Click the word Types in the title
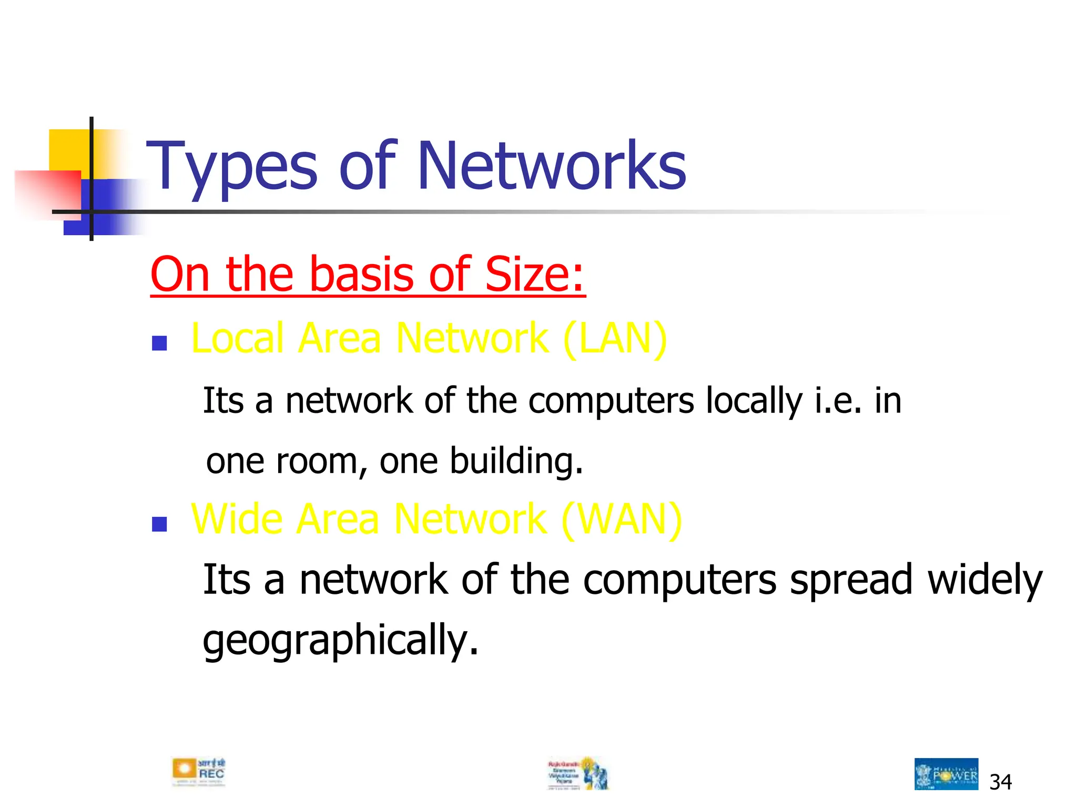[x=231, y=167]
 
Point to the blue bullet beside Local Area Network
[x=159, y=344]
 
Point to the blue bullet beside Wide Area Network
[x=159, y=524]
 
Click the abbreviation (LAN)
[x=614, y=339]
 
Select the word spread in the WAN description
[x=851, y=580]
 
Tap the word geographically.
[x=341, y=641]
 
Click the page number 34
[x=1000, y=782]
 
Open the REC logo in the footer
[x=199, y=772]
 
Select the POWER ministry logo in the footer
[x=946, y=774]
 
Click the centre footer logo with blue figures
[x=578, y=773]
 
